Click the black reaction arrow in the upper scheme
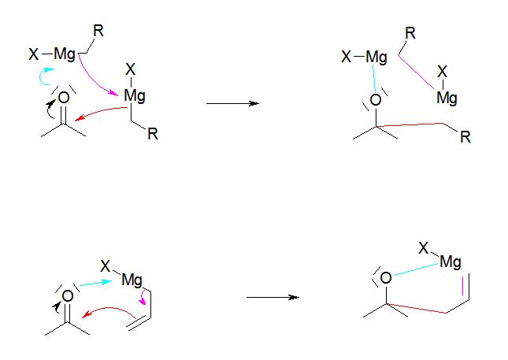232,103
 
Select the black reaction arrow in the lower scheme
272,297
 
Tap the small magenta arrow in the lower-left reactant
142,302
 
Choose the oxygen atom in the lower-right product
385,277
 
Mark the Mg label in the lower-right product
451,262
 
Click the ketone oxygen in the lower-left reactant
68,296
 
